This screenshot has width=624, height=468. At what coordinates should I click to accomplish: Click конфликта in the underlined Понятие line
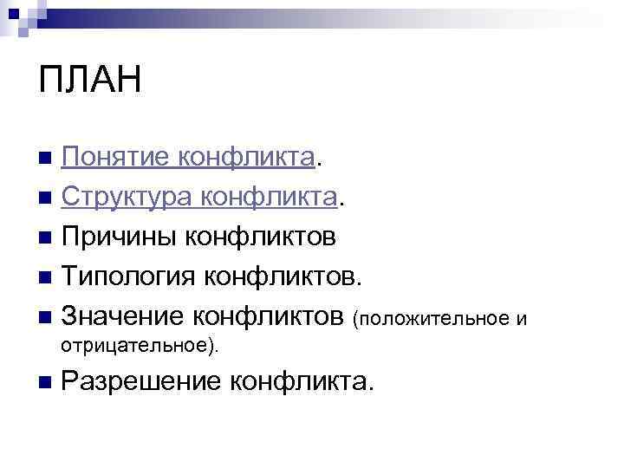coord(246,158)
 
